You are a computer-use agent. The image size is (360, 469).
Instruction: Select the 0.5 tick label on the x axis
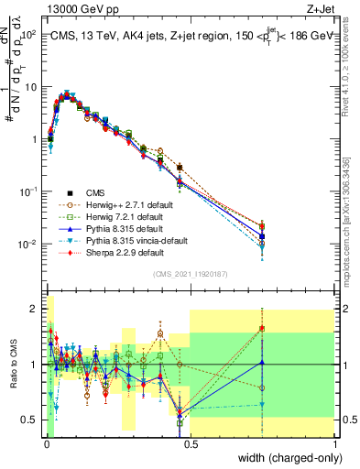[191, 442]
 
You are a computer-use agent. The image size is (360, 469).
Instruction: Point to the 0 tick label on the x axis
[46, 442]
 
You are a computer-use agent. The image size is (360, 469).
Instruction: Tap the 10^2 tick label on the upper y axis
[29, 35]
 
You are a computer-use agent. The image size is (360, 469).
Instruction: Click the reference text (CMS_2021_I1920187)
[191, 275]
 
